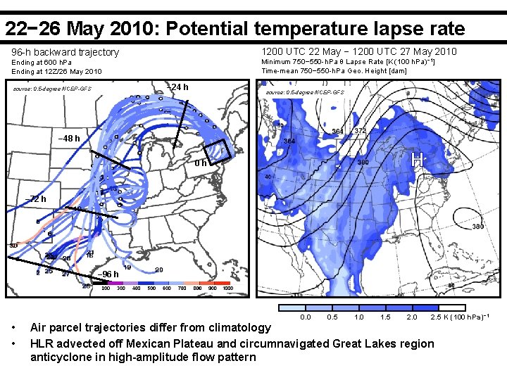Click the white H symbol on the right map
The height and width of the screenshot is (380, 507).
tap(418, 160)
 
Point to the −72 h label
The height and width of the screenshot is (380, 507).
tap(35, 199)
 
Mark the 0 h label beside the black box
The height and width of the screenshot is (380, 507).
tap(200, 163)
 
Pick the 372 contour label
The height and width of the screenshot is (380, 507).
tap(359, 131)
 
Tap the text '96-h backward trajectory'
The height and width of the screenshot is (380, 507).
tap(65, 53)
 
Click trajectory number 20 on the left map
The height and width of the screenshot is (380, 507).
tap(159, 270)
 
